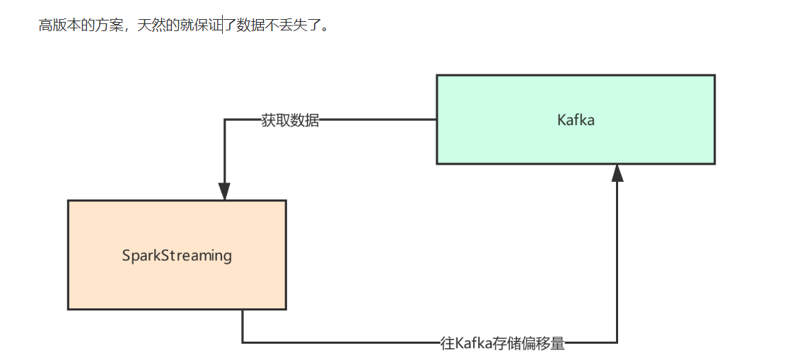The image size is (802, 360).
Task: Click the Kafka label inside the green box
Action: tap(576, 120)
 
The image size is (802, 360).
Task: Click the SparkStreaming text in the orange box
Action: tap(177, 255)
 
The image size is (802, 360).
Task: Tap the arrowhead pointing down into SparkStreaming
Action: tap(224, 191)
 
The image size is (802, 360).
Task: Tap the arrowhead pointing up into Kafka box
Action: tap(617, 173)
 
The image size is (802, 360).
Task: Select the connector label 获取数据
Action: tap(290, 120)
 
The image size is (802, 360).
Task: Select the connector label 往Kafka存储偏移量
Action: tap(502, 344)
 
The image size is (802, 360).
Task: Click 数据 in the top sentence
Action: tap(250, 25)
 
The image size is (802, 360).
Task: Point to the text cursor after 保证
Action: tap(223, 25)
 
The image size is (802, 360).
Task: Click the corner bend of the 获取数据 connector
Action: tap(224, 120)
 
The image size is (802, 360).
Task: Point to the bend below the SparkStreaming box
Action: tap(243, 343)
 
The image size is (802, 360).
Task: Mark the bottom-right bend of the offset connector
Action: tap(617, 343)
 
